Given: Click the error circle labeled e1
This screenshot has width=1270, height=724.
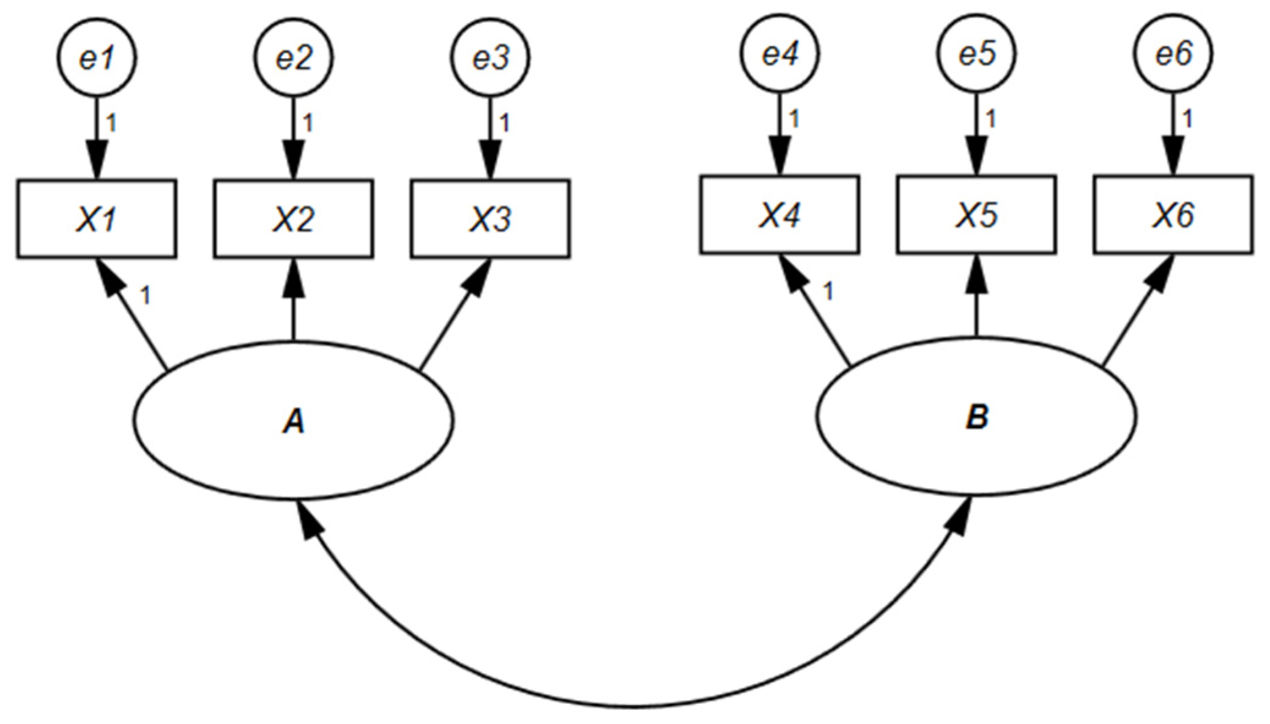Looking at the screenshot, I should click(x=97, y=57).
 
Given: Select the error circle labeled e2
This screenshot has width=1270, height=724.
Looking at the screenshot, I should click(x=294, y=57).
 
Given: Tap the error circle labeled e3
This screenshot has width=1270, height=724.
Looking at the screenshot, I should click(x=491, y=57).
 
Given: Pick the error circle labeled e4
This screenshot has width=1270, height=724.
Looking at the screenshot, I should click(x=779, y=53).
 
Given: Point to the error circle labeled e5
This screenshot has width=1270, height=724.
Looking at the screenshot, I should click(x=976, y=53).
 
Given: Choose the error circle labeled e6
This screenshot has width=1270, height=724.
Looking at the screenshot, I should click(x=1173, y=53).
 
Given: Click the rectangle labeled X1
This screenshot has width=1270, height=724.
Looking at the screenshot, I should click(x=97, y=219).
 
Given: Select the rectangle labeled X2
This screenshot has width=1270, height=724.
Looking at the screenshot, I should click(x=294, y=219).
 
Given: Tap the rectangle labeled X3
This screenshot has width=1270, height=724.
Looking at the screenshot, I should click(x=491, y=219).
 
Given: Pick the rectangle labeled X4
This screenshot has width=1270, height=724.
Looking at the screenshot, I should click(x=779, y=215).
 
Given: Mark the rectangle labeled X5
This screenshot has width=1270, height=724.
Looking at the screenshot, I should click(x=976, y=215).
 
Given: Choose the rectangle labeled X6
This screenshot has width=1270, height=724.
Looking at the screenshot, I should click(x=1173, y=215).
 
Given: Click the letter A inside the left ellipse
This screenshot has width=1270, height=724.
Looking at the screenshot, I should click(x=294, y=421).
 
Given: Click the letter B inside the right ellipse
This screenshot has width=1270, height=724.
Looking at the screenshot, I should click(x=976, y=417).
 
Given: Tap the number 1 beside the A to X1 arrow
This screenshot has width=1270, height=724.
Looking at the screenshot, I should click(x=145, y=296).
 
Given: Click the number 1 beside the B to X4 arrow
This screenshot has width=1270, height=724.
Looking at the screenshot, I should click(x=828, y=292).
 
